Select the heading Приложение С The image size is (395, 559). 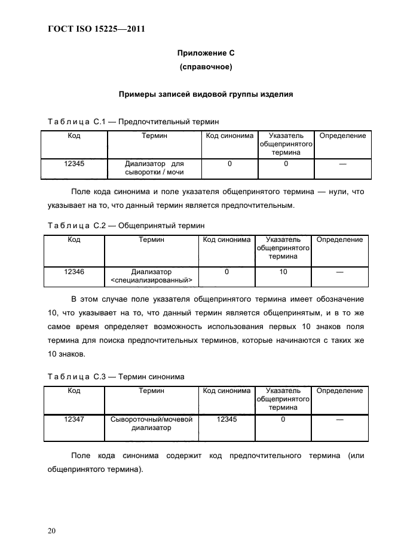coord(206,53)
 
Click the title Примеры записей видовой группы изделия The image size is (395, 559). coord(206,94)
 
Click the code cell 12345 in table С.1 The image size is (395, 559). coord(74,163)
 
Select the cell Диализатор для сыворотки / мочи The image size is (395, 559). coord(154,168)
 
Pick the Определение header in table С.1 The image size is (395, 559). coord(342,136)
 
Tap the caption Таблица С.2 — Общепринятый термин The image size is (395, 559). coord(125,226)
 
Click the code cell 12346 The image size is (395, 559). coord(74,272)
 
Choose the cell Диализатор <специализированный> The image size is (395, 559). coord(151,276)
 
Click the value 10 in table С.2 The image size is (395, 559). coord(283,272)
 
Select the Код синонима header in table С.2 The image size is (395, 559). coord(226,240)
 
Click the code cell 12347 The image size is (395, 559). coord(74,420)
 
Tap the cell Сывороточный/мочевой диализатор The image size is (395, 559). coord(151,424)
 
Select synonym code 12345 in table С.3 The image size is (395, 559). coord(226,420)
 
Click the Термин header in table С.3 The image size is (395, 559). coord(151,391)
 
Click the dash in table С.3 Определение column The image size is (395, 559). coord(339,420)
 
